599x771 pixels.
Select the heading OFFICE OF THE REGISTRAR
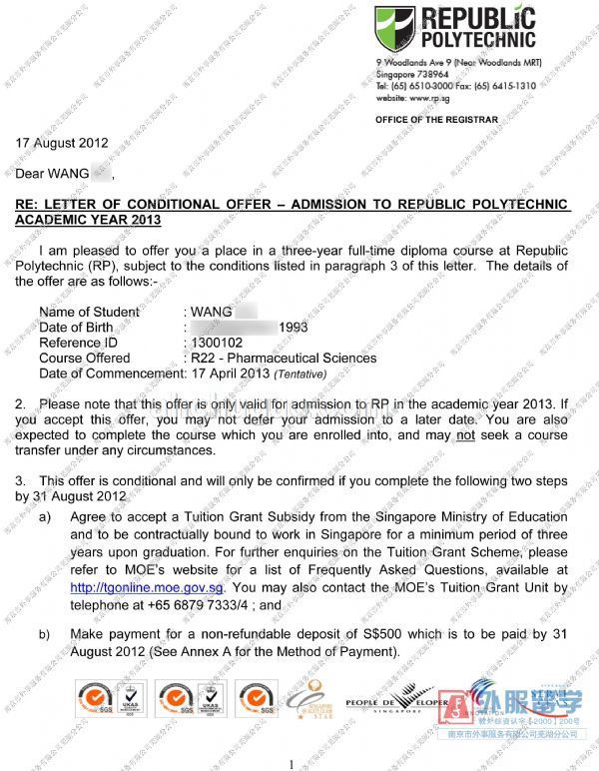(x=436, y=120)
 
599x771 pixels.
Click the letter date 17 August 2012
(x=62, y=143)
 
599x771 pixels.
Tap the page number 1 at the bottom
(x=292, y=763)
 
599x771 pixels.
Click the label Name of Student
(x=89, y=313)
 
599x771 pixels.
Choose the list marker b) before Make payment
(x=45, y=634)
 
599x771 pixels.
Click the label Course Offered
(x=84, y=358)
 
